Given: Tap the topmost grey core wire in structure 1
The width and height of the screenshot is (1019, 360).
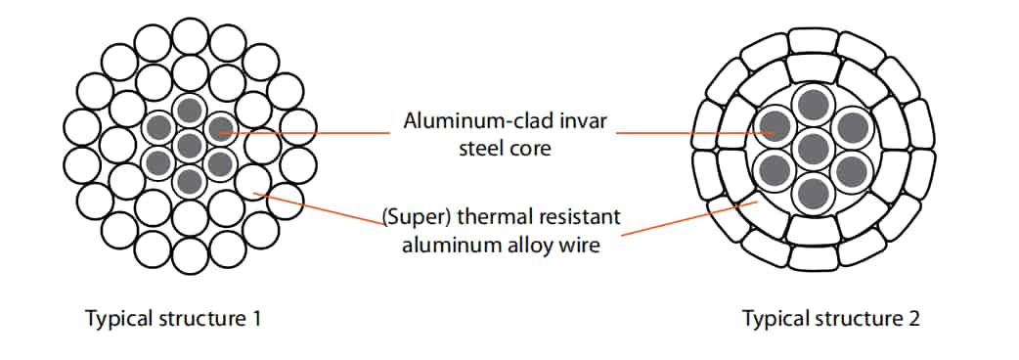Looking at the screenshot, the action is pos(189,109).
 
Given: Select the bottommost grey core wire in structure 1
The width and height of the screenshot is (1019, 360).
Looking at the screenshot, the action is pos(189,180).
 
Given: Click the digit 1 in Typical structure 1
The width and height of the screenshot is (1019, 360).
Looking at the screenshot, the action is pos(254,319).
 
